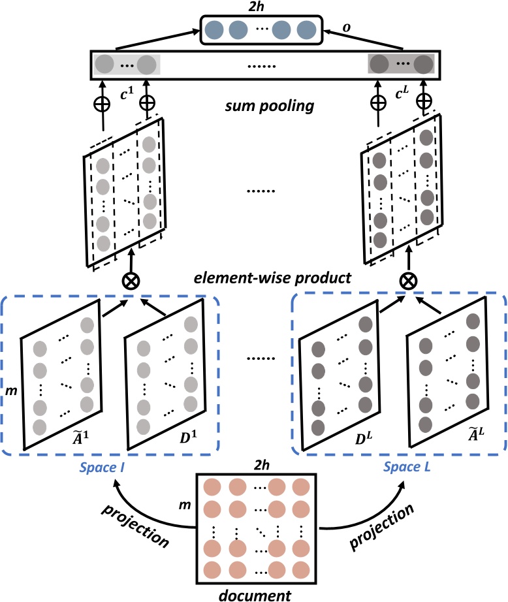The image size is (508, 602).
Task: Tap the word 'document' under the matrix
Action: click(x=254, y=594)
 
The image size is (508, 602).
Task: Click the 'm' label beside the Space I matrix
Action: click(x=9, y=390)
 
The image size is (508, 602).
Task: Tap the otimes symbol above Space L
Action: click(x=408, y=281)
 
